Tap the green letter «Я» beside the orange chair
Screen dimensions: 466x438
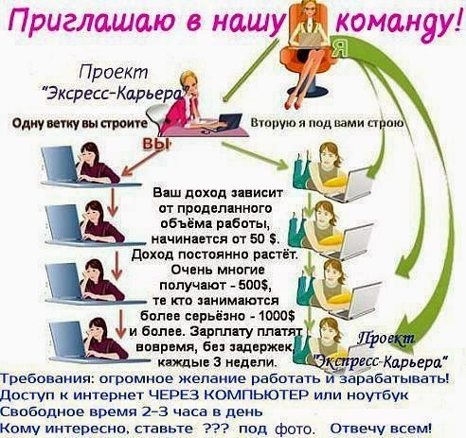coord(340,48)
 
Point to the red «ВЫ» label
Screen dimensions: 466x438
coord(154,144)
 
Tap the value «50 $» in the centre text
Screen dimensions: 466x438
coord(264,238)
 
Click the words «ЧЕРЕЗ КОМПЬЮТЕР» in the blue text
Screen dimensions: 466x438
coord(228,394)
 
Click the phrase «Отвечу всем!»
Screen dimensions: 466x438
coord(381,429)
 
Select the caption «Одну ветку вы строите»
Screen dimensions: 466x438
coord(80,123)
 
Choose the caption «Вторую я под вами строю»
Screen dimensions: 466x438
coord(327,123)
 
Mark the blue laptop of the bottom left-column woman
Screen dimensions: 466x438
coord(67,340)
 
